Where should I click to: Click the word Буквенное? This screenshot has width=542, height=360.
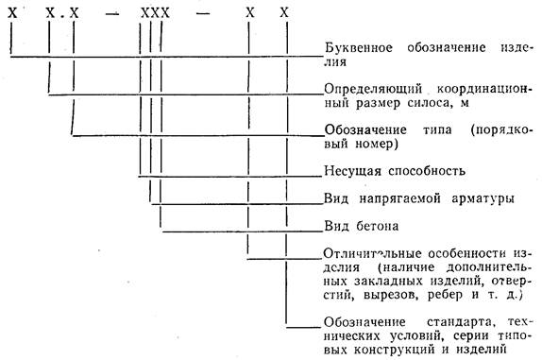point(359,48)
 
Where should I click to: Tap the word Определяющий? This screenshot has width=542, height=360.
point(373,90)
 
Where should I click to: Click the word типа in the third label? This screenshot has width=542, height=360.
point(437,130)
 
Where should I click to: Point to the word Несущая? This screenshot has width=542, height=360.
point(352,172)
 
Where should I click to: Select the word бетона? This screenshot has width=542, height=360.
point(377,227)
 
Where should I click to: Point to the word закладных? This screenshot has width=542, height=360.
point(388,282)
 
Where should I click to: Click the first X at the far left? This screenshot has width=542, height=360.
point(12,13)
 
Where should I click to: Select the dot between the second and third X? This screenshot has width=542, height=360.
point(62,17)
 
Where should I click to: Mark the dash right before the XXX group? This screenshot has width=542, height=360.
point(111,14)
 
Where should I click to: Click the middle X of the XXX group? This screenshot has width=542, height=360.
point(155,13)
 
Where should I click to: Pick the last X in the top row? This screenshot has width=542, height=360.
point(284,13)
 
